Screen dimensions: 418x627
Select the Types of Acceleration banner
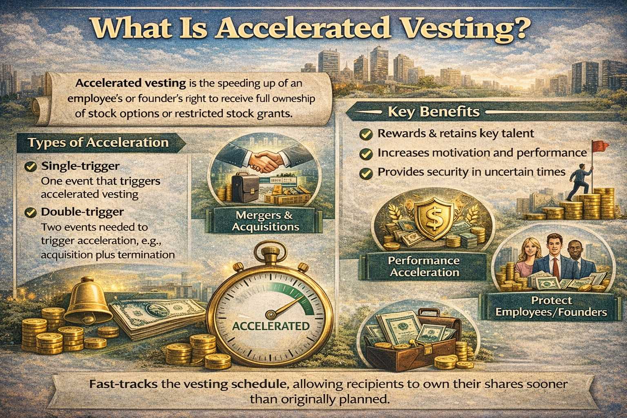[98, 142]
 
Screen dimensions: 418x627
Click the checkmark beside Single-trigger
[30, 167]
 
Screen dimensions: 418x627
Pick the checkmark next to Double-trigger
[30, 212]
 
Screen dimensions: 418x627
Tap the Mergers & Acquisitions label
[265, 221]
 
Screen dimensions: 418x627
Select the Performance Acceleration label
[424, 266]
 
